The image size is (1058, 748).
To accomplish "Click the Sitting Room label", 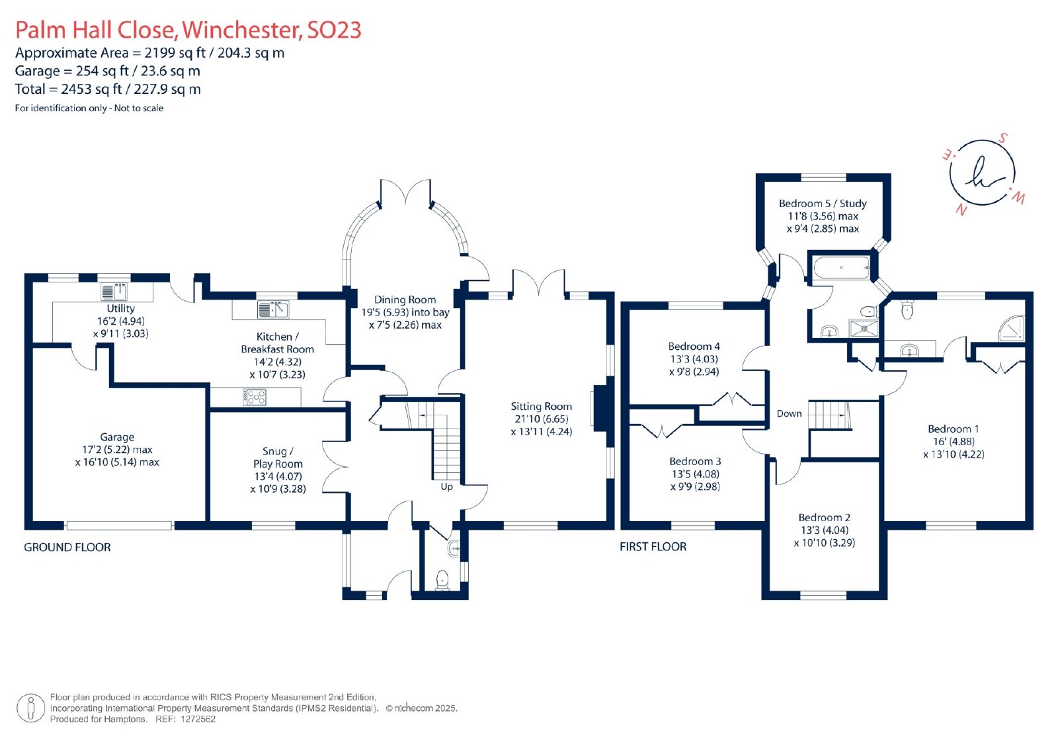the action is (542, 406).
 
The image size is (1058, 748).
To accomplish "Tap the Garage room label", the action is (117, 437).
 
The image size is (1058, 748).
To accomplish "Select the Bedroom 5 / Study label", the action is (823, 204).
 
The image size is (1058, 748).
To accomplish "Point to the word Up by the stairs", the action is (447, 487).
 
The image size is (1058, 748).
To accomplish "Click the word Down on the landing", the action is (790, 413).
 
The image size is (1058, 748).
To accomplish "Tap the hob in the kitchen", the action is (255, 397).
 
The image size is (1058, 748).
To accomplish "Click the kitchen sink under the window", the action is (273, 310).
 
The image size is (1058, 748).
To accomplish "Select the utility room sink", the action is (114, 292).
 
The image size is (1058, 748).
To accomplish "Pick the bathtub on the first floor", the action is (841, 268).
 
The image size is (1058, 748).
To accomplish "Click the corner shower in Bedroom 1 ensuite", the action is (1012, 329).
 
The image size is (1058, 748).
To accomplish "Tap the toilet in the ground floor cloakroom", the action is (442, 580).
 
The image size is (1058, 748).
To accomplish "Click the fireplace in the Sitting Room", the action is (600, 408).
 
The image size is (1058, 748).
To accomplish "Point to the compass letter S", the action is (1002, 138).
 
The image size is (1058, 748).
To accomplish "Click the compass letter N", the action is (961, 210).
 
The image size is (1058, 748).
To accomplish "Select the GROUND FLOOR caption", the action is (67, 547).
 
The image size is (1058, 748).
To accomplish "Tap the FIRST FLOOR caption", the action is (653, 547).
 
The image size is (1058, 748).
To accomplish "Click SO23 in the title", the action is (335, 30).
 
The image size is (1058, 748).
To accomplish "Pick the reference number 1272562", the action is (198, 719).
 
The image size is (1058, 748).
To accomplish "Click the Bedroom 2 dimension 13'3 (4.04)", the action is (825, 530).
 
